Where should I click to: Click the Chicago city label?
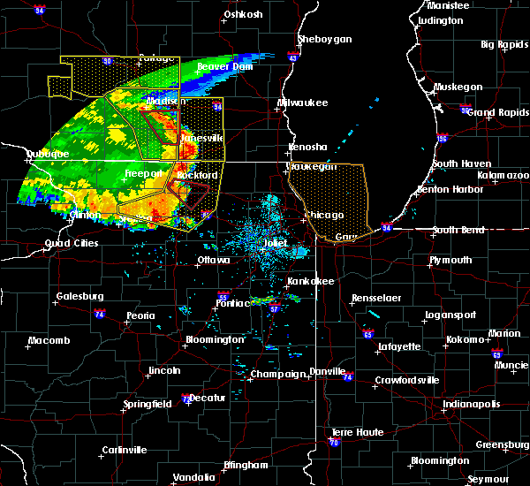tap(325, 216)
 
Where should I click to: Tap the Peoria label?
tap(140, 315)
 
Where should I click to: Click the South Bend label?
tap(458, 231)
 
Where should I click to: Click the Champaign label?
tap(277, 375)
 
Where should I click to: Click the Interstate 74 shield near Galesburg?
tap(100, 314)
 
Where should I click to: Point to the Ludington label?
tap(440, 20)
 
